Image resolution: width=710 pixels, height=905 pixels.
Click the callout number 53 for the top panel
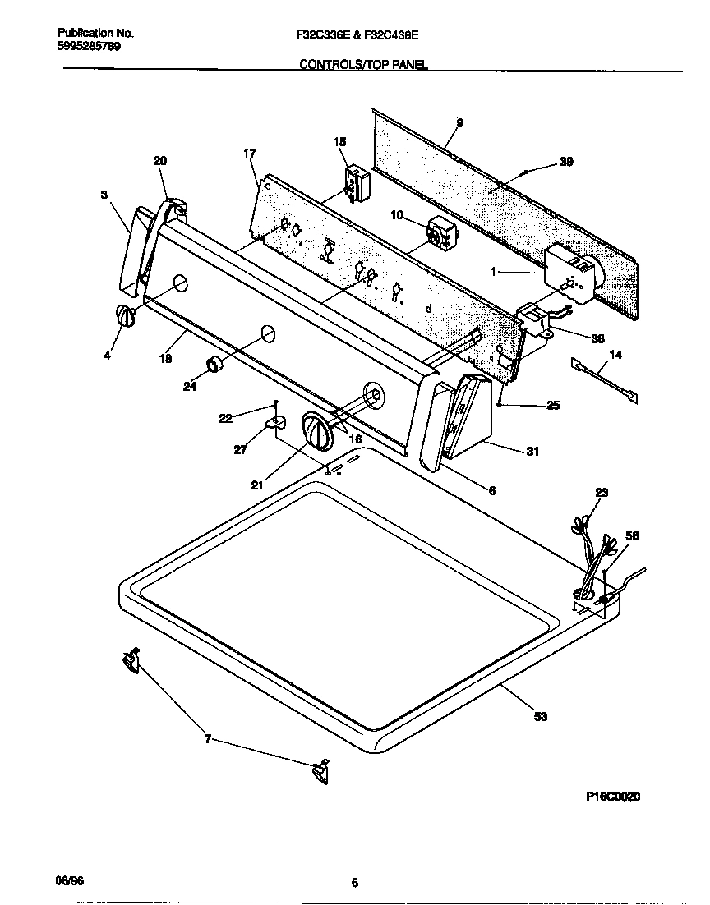coord(540,717)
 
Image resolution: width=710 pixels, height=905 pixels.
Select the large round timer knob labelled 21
coord(316,431)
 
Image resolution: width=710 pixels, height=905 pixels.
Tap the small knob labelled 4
coord(123,316)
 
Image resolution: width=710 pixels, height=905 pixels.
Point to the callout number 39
coord(565,162)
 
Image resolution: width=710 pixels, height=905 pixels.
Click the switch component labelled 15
coord(356,182)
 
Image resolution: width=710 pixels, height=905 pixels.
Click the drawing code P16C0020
coord(613,796)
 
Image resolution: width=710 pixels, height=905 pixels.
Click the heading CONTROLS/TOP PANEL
coord(362,64)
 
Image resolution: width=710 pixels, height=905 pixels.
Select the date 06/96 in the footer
coord(69,880)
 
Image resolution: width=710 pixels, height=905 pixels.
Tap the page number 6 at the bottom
coord(355,884)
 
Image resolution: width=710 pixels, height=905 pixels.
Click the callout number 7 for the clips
coord(208,739)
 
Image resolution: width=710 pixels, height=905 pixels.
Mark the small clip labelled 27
coord(276,423)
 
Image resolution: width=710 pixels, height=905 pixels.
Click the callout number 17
coord(250,154)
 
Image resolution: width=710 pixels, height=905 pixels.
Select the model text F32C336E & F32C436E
coord(358,34)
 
